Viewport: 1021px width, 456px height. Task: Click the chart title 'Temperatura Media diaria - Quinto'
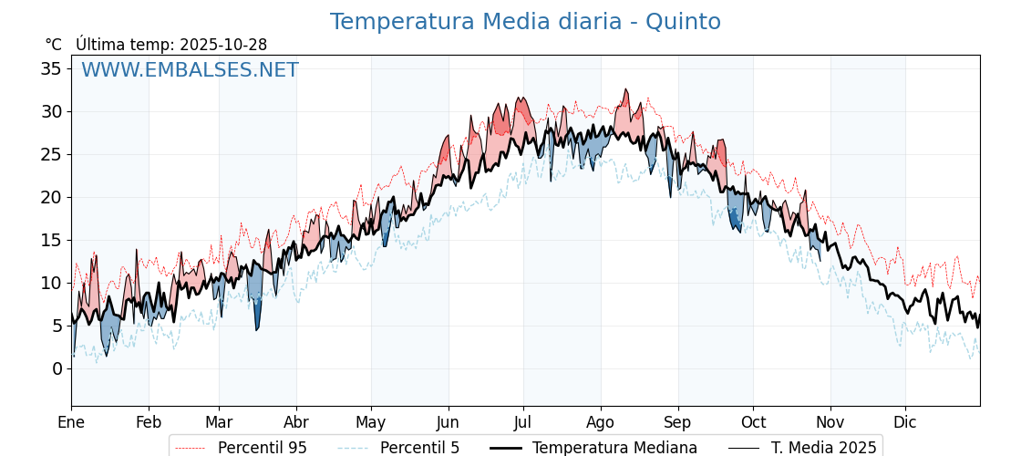525,22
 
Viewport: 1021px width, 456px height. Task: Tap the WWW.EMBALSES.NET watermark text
190,70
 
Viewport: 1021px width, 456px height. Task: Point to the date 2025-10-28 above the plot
223,45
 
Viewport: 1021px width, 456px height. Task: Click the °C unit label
53,45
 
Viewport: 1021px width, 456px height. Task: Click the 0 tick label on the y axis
57,368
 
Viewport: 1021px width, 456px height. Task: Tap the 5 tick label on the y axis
57,326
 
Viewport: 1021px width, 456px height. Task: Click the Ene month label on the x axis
71,422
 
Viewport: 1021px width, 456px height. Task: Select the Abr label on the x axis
296,422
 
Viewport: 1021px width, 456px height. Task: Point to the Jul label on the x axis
523,422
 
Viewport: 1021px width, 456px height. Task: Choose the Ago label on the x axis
601,422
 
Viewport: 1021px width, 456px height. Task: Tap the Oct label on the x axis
753,422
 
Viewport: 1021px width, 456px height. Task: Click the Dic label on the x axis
905,422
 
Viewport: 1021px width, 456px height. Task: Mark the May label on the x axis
371,422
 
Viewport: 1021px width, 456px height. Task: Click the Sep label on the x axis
678,422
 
